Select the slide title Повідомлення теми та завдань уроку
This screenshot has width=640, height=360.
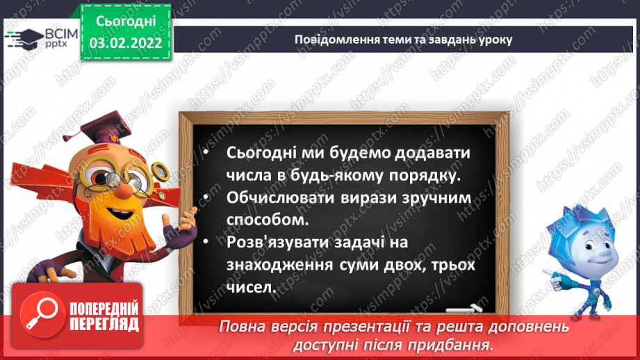click(403, 39)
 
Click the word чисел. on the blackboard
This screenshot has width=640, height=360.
click(252, 288)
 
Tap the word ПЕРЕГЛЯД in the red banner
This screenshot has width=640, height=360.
click(104, 323)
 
